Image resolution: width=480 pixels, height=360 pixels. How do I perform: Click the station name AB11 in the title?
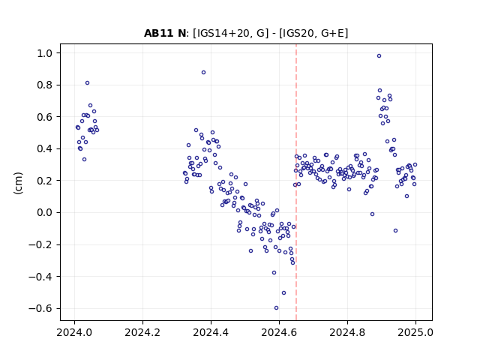pyautogui.click(x=160, y=33)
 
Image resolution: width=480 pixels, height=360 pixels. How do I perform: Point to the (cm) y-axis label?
pyautogui.click(x=18, y=183)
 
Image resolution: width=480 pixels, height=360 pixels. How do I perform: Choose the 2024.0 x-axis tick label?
pyautogui.click(x=74, y=332)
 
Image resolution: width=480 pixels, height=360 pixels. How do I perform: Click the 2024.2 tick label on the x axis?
pyautogui.click(x=142, y=332)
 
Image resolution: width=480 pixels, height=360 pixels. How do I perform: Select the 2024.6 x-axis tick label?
pyautogui.click(x=279, y=332)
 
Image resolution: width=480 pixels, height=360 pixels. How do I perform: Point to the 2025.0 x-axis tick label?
pyautogui.click(x=415, y=332)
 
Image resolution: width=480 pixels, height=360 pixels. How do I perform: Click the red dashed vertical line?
pyautogui.click(x=296, y=182)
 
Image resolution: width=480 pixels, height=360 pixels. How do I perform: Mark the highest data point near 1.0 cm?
pyautogui.click(x=379, y=56)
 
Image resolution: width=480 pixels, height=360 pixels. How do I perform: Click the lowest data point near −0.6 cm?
pyautogui.click(x=276, y=308)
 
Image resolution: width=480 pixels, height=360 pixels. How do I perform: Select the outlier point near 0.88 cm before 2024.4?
pyautogui.click(x=203, y=73)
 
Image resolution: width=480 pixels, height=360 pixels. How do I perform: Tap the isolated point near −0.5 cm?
pyautogui.click(x=283, y=293)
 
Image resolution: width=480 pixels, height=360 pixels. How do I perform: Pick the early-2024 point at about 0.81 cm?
pyautogui.click(x=87, y=83)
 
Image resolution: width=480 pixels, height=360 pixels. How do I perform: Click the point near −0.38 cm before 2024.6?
pyautogui.click(x=274, y=273)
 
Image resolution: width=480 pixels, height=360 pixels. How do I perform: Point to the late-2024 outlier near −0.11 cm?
pyautogui.click(x=395, y=230)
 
